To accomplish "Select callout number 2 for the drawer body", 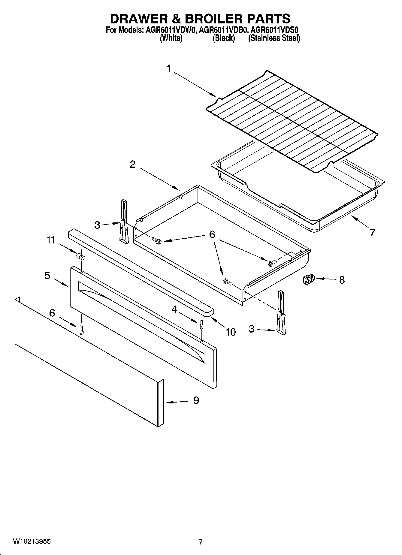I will [132, 164].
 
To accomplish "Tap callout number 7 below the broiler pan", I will [372, 233].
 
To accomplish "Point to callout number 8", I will [342, 280].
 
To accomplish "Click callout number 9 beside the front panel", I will [196, 400].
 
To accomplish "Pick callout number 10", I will [231, 332].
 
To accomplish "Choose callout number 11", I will [50, 240].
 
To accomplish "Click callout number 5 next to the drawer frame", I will [47, 275].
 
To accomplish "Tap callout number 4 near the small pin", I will [174, 309].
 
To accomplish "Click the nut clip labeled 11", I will [80, 256].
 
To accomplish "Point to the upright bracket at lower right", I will [281, 312].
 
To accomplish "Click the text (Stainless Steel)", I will [274, 38].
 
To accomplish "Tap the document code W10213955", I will [32, 542].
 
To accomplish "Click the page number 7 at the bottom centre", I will [201, 542].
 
